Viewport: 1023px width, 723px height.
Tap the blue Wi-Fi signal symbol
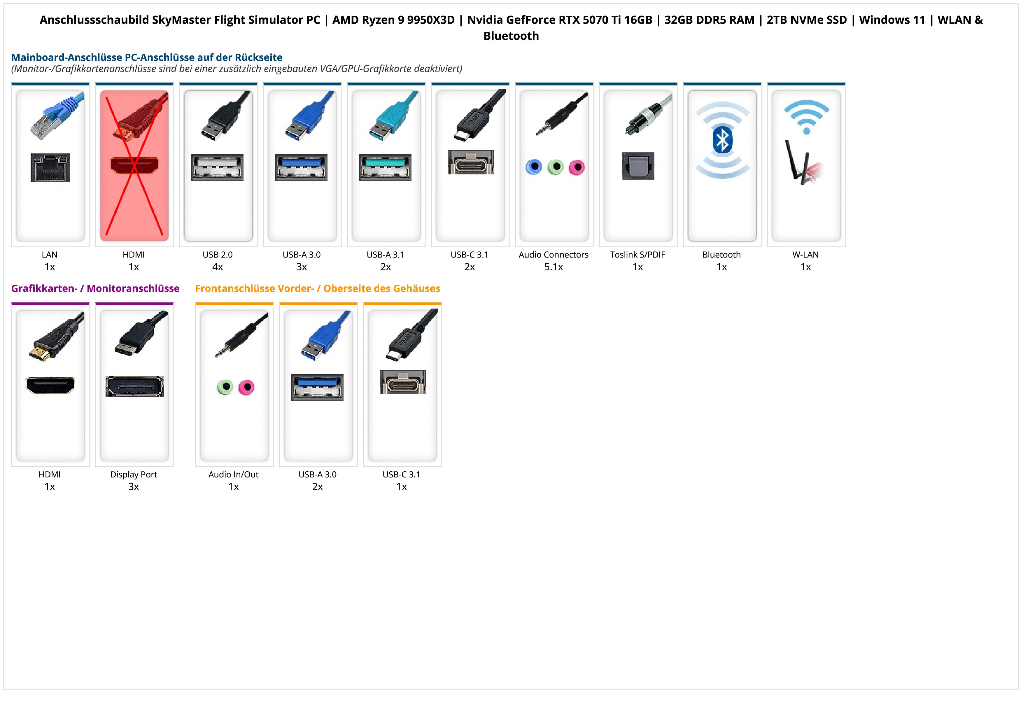pyautogui.click(x=806, y=117)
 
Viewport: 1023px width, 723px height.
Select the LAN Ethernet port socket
pyautogui.click(x=50, y=167)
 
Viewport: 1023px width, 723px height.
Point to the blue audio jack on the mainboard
pyautogui.click(x=534, y=167)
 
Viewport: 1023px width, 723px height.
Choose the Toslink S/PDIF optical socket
pyautogui.click(x=638, y=166)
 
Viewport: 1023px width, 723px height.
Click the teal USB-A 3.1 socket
pyautogui.click(x=386, y=167)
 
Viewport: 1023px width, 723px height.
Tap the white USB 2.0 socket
pyautogui.click(x=218, y=167)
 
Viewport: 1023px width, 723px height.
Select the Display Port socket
pyautogui.click(x=134, y=386)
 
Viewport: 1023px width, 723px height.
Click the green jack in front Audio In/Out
pyautogui.click(x=225, y=387)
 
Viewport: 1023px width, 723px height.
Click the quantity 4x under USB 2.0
pyautogui.click(x=218, y=267)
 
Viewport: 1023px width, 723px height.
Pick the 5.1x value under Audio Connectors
pyautogui.click(x=553, y=267)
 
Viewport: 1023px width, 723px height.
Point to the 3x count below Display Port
pyautogui.click(x=134, y=486)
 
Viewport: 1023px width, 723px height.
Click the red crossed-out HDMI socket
pyautogui.click(x=134, y=166)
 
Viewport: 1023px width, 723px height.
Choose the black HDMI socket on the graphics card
pyautogui.click(x=50, y=385)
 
